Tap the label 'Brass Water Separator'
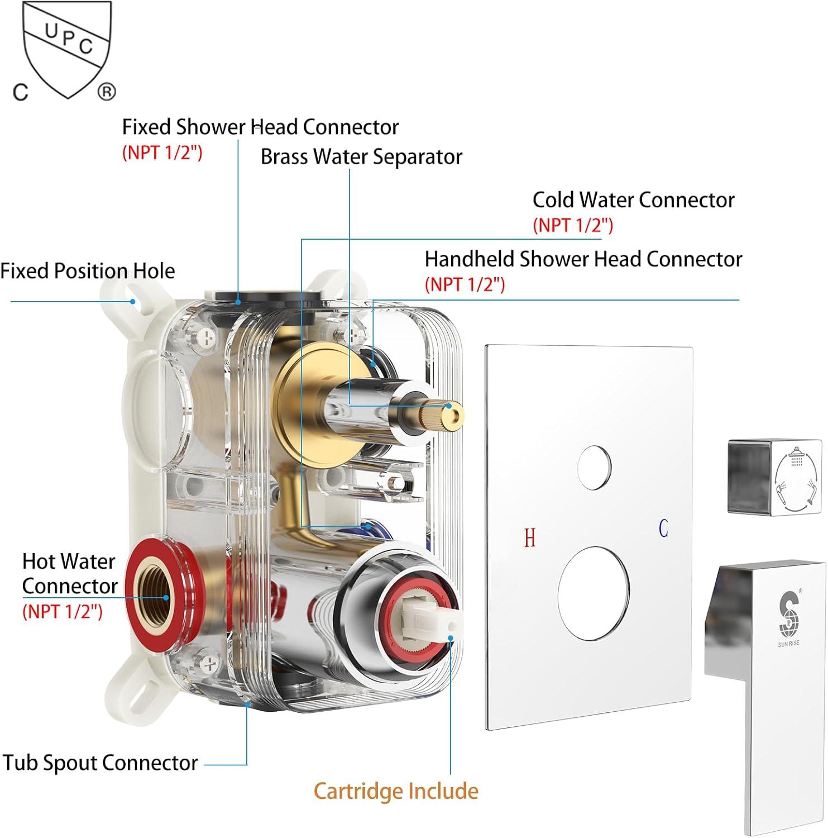click(361, 157)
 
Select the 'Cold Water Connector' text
click(633, 200)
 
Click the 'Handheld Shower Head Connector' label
click(583, 259)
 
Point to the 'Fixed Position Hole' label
click(88, 271)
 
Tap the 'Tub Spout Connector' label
click(100, 763)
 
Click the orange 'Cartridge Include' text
click(396, 791)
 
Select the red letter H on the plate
click(530, 538)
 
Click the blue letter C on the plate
click(663, 528)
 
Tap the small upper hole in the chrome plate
click(594, 467)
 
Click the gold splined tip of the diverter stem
click(450, 412)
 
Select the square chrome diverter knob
click(767, 477)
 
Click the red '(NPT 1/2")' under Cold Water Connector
click(573, 225)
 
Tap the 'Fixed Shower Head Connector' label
click(260, 127)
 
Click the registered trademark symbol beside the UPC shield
click(107, 91)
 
